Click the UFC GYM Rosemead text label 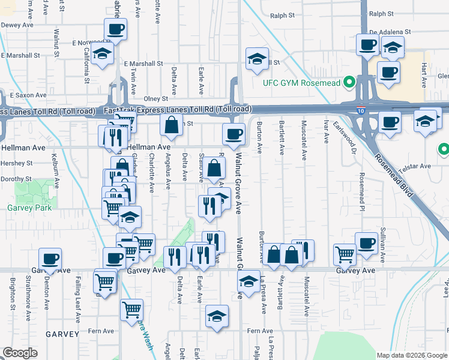coord(301,82)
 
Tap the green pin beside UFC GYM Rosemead coord(347,82)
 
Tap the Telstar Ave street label coord(417,166)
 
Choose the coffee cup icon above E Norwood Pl coord(115,29)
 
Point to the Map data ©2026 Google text coord(411,355)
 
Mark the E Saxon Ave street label coord(28,95)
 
